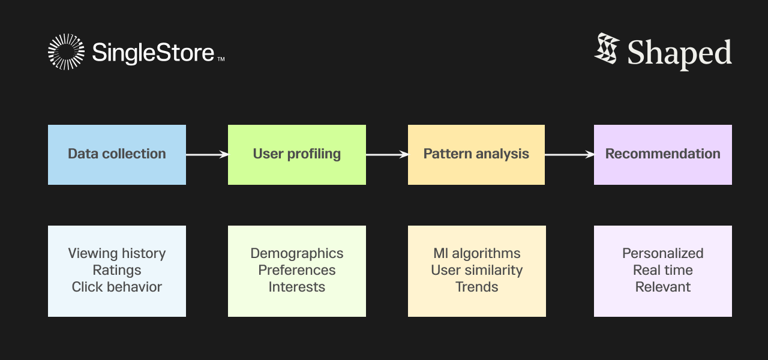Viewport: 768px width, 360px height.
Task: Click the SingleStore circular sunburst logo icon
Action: (66, 52)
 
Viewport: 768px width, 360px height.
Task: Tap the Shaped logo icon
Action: (607, 49)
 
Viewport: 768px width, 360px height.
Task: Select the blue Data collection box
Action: (117, 154)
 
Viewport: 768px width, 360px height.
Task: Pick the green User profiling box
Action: (297, 154)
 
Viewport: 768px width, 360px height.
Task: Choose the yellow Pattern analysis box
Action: (476, 154)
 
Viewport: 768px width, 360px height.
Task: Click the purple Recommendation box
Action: (663, 154)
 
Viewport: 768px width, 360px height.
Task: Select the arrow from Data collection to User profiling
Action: (207, 155)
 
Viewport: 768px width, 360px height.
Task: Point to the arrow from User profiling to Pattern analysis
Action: (387, 155)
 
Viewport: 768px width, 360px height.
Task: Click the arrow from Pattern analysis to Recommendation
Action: (569, 155)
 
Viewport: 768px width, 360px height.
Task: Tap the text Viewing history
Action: (117, 253)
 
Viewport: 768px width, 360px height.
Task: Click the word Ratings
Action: (117, 270)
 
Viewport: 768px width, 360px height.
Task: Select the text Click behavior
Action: (117, 287)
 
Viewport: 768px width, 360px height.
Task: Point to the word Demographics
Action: (297, 253)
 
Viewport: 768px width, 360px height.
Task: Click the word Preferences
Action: (297, 270)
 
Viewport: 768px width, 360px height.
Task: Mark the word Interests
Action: (297, 287)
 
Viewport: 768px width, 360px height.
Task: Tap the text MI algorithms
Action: (477, 253)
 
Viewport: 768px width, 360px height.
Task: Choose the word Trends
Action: (477, 287)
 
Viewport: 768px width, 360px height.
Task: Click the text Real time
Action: (663, 270)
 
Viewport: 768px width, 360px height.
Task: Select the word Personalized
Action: (663, 253)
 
